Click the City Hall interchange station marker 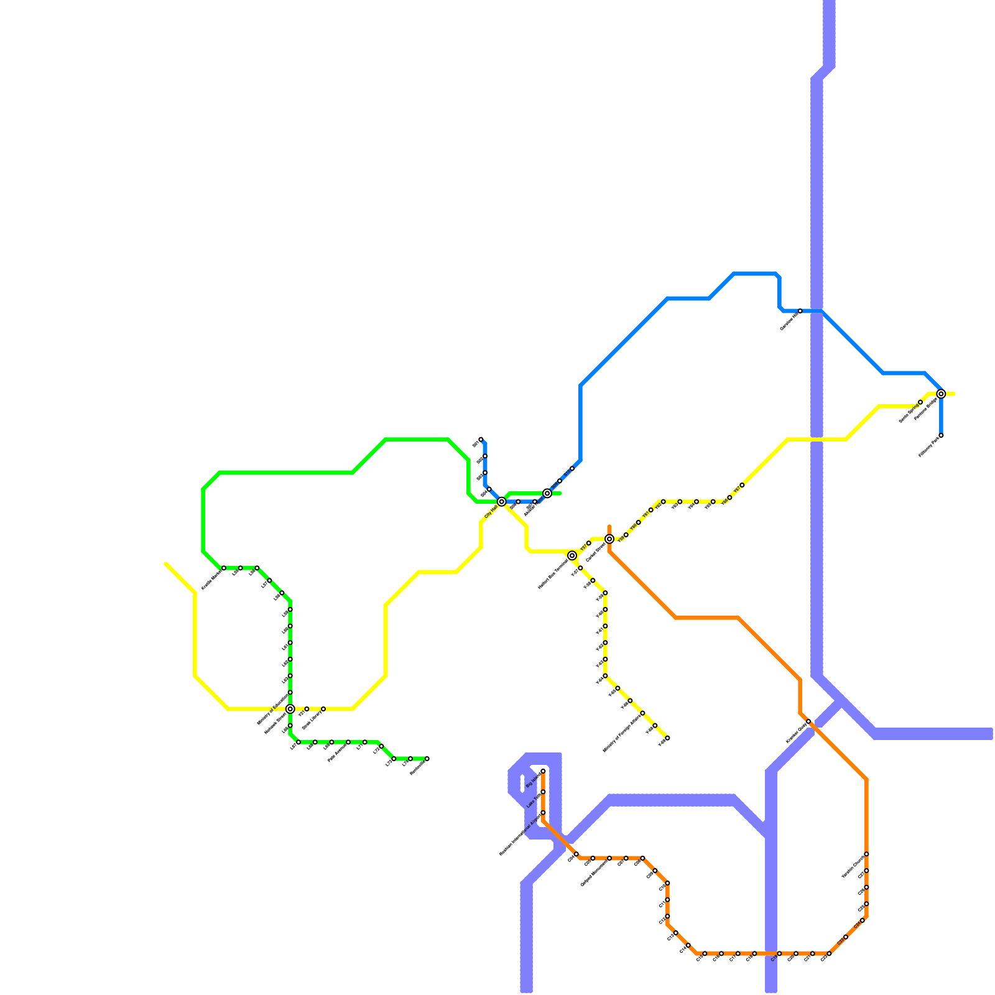(501, 501)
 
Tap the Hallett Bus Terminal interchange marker (572, 555)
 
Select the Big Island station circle (543, 772)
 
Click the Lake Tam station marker (543, 792)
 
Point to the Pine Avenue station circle (348, 743)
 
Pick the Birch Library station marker (323, 709)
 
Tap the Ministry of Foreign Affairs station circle (642, 713)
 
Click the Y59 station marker (626, 535)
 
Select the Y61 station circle (651, 510)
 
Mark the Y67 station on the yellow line (742, 485)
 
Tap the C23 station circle (846, 937)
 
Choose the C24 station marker (862, 920)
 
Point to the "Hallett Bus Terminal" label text (552, 574)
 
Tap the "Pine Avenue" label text (336, 753)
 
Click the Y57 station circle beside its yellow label (589, 544)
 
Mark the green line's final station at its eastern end (427, 759)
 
